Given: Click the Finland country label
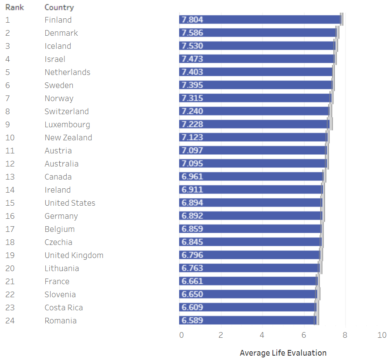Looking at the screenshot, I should (x=58, y=20).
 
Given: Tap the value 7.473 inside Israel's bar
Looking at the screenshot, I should (x=192, y=59).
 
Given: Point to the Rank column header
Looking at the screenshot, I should (x=14, y=7).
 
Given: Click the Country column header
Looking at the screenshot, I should (x=59, y=7).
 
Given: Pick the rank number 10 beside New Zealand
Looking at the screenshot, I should (x=10, y=138).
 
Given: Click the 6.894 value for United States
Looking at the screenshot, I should (x=192, y=203).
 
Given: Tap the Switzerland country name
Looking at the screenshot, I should (x=67, y=112).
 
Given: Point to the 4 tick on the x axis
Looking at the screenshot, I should (x=262, y=335).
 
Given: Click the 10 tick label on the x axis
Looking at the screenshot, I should (x=382, y=335).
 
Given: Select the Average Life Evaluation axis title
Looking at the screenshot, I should (x=283, y=353).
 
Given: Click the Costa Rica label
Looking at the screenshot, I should (x=64, y=308).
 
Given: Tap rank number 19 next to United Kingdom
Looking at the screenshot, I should (x=10, y=255).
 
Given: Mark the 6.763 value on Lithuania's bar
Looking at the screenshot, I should (x=192, y=268).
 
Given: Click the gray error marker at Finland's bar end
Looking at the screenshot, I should (x=342, y=20).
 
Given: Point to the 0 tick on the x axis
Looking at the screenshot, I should (x=181, y=335).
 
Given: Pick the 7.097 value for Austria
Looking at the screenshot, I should (x=192, y=150).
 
